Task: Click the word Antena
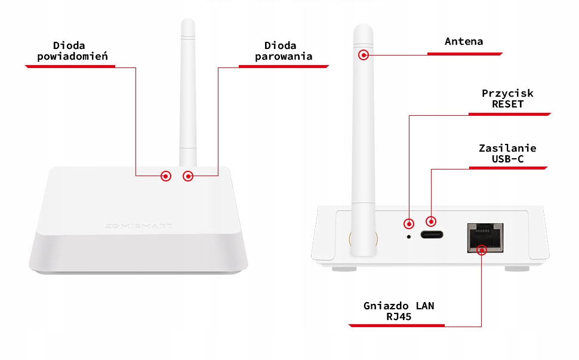[464, 41]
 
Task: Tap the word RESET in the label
[507, 104]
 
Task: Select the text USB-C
[507, 159]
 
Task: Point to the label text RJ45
[399, 316]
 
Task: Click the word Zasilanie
[507, 148]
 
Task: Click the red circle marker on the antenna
[363, 55]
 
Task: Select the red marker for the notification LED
[166, 176]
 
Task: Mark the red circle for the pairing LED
[189, 176]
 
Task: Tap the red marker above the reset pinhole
[409, 224]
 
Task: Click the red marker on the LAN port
[482, 249]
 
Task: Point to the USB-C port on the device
[431, 235]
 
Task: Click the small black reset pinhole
[409, 236]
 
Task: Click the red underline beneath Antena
[464, 54]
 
